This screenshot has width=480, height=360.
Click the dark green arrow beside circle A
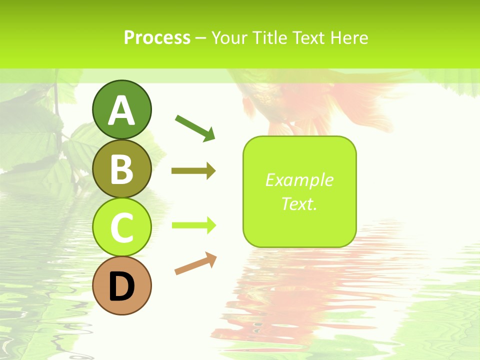[195, 127]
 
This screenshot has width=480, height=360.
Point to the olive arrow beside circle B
[193, 171]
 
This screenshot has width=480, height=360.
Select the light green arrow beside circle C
[193, 225]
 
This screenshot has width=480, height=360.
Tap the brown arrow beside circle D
[195, 264]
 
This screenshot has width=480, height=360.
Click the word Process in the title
[157, 38]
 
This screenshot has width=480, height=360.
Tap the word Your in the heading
[230, 38]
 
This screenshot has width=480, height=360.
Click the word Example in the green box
[299, 180]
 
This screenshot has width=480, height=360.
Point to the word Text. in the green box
[299, 203]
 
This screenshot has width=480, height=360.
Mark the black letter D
[121, 287]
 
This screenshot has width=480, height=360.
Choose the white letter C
[121, 228]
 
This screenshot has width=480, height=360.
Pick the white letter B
[121, 169]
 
